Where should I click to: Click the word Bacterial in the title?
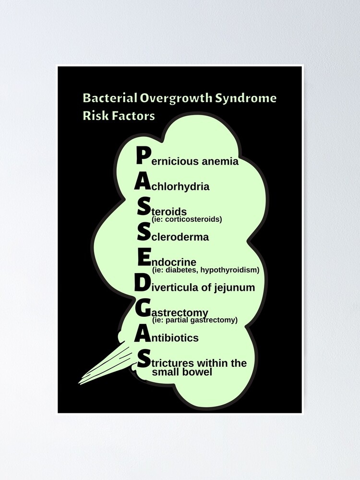click(109, 98)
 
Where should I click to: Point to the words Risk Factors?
click(119, 116)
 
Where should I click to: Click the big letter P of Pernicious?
click(144, 156)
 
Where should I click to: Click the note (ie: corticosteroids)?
click(187, 219)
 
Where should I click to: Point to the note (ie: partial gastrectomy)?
click(194, 320)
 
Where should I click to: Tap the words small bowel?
click(180, 372)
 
